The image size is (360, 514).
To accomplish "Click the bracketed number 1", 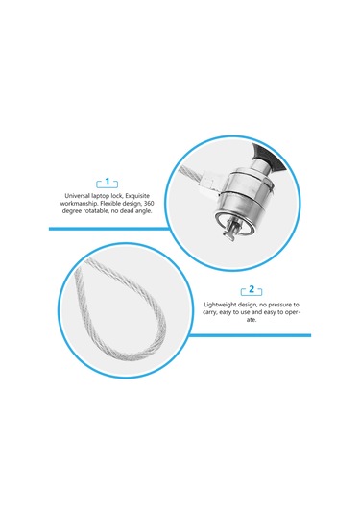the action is coord(108,182).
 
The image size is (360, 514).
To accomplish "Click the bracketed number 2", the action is coord(252,289).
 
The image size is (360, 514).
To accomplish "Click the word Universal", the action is coord(77,196).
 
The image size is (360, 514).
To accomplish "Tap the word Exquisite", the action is coord(138,196).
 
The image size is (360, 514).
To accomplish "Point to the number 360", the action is coord(149,204).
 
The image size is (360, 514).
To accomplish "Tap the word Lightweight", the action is coord(219,305).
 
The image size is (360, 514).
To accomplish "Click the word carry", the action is coord(209,312).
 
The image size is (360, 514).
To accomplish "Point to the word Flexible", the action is coord(110,204).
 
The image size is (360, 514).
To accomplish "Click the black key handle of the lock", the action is coord(267,157).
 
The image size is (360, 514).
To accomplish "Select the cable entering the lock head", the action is coord(192,178).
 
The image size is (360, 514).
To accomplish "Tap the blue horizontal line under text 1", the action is coord(109,229).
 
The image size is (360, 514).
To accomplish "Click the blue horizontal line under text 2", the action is coord(251,335).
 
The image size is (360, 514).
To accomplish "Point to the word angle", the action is coord(144,211).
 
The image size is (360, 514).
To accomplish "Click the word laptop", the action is coord(100,196).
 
